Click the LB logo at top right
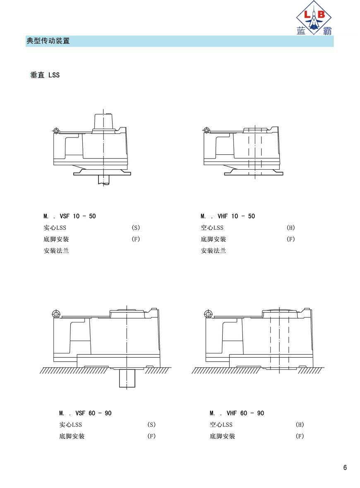314,18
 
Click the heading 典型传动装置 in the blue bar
48,41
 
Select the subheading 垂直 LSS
45,75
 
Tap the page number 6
345,467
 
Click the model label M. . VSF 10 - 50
70,216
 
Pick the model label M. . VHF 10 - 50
228,216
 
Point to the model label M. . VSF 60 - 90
85,413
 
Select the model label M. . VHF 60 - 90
237,413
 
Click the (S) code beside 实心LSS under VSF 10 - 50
136,228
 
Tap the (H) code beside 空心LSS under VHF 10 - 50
290,228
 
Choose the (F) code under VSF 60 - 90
151,436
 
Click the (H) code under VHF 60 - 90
300,425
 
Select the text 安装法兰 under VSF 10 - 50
56,250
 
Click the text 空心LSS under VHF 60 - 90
221,425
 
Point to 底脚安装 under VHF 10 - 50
214,239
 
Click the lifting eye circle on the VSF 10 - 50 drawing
56,131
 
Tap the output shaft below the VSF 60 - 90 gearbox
127,378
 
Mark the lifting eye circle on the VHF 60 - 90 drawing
209,314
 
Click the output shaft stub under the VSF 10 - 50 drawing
103,179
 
